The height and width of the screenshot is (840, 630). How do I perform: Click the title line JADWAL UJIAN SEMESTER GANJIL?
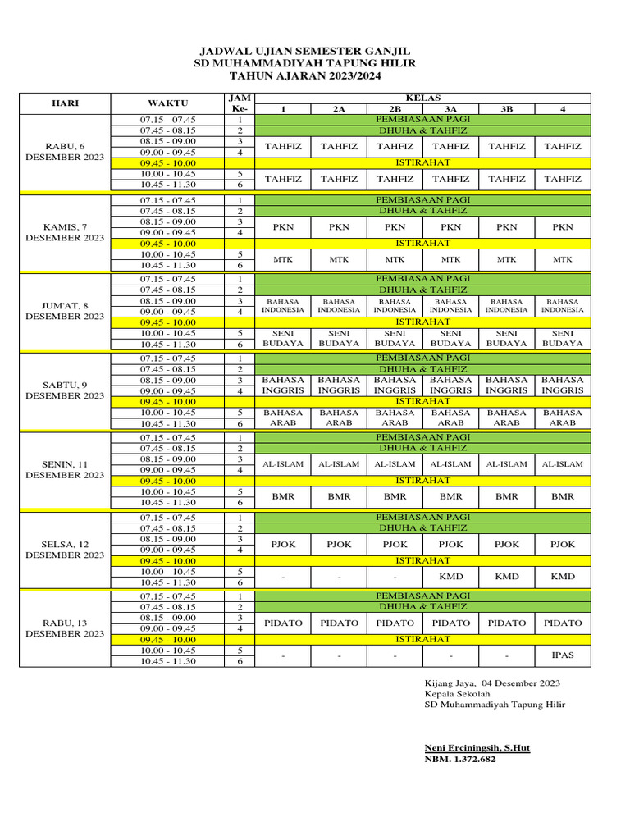(306, 50)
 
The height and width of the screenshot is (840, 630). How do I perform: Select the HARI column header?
(65, 103)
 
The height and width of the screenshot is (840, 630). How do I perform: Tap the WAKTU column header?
(168, 103)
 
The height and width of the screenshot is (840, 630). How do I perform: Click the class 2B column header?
(395, 108)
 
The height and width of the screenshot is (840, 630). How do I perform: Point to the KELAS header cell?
(422, 98)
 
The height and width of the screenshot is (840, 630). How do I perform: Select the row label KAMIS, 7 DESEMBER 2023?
(65, 232)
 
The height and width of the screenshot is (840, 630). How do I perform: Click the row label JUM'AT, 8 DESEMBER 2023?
(65, 311)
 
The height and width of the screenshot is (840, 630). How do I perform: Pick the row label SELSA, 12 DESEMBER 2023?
(65, 549)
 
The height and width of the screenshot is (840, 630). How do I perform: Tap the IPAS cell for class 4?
(562, 655)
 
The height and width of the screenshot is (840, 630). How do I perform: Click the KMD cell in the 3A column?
(450, 577)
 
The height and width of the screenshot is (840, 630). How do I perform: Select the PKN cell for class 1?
(283, 227)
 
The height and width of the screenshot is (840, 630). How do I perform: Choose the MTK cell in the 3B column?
(506, 259)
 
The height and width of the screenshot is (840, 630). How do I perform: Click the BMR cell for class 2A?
(339, 496)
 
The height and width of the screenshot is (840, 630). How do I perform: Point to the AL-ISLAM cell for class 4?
(562, 464)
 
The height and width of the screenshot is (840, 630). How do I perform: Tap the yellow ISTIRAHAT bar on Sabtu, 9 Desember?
(422, 402)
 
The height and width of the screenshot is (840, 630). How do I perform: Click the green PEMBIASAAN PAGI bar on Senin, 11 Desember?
(422, 438)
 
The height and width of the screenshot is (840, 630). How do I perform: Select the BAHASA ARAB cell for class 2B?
(395, 418)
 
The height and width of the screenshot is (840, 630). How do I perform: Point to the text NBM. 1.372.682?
(459, 759)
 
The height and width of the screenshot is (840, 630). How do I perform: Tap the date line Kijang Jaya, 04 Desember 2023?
(492, 682)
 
